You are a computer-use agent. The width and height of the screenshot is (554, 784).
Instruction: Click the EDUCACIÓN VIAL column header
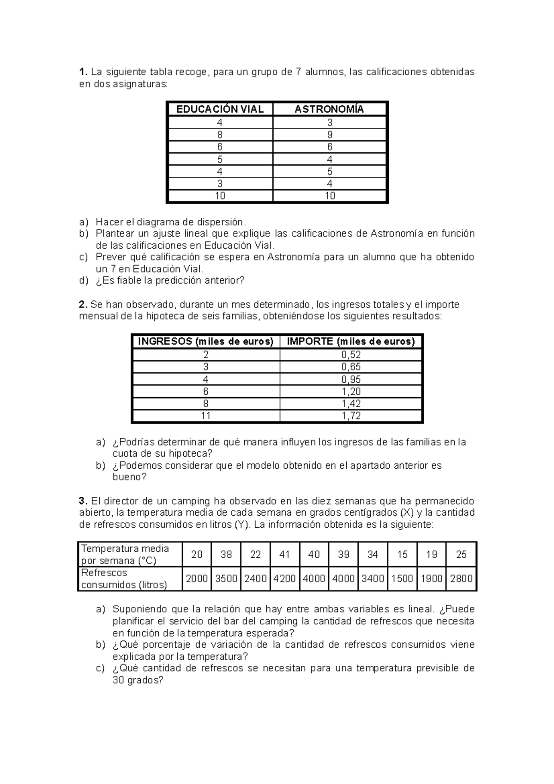220,109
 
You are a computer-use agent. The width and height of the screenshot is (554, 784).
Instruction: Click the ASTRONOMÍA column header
329,109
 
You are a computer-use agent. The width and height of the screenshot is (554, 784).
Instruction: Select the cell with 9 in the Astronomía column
330,135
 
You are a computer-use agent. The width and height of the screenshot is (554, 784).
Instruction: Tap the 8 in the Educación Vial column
220,135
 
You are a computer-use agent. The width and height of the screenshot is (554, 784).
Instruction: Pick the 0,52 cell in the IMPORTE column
351,355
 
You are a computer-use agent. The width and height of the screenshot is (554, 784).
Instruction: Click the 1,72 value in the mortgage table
351,416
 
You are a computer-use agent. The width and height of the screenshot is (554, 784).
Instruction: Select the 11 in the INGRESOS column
205,416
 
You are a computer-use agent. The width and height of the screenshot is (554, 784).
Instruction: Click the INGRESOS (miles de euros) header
206,342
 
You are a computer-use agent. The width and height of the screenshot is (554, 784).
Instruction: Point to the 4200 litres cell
284,579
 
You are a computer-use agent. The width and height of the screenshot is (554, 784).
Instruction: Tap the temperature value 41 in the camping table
284,555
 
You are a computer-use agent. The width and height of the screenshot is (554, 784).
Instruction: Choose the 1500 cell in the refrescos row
402,579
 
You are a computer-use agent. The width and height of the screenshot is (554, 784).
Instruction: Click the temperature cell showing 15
402,555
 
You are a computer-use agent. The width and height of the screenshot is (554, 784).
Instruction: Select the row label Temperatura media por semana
125,555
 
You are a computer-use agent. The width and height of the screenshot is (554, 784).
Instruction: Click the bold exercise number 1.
83,72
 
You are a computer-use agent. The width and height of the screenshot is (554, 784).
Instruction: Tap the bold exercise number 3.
83,501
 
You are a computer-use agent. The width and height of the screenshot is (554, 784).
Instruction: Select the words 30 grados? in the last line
138,680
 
